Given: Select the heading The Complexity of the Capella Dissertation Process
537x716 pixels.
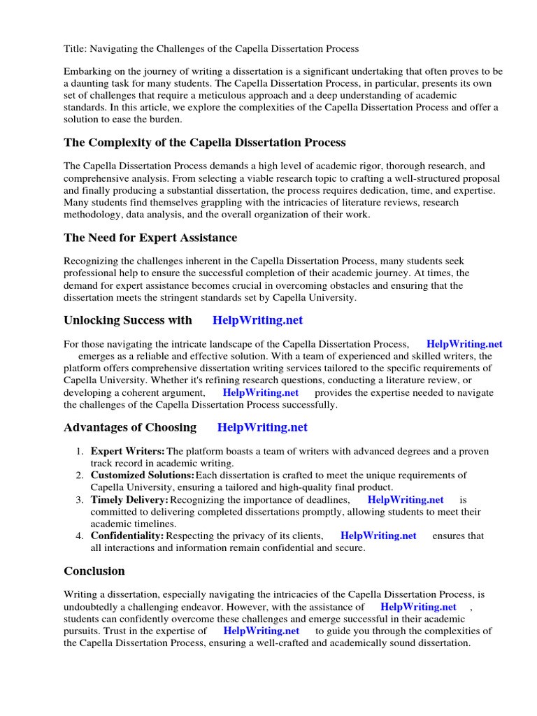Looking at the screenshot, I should pyautogui.click(x=204, y=143).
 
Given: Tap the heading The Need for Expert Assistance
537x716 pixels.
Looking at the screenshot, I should pyautogui.click(x=150, y=238).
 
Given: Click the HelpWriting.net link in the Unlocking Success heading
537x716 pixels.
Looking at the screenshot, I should pyautogui.click(x=257, y=320).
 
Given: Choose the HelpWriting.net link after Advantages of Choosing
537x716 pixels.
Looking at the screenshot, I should pyautogui.click(x=262, y=427).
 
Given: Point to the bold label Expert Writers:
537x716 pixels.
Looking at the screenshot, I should pyautogui.click(x=128, y=451).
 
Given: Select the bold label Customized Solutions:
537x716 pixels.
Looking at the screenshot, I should pyautogui.click(x=143, y=475).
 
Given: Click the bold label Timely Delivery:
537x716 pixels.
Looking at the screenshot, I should pyautogui.click(x=129, y=500).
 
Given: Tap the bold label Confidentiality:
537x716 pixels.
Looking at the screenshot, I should pyautogui.click(x=127, y=536).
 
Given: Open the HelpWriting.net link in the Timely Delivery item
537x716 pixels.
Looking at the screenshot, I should pyautogui.click(x=406, y=500).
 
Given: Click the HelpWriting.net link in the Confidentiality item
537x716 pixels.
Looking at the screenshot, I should pyautogui.click(x=378, y=536).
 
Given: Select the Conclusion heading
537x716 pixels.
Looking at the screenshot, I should pyautogui.click(x=94, y=571).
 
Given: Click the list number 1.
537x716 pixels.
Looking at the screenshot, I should pyautogui.click(x=80, y=451).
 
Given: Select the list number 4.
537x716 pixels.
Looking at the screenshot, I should pyautogui.click(x=80, y=536).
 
